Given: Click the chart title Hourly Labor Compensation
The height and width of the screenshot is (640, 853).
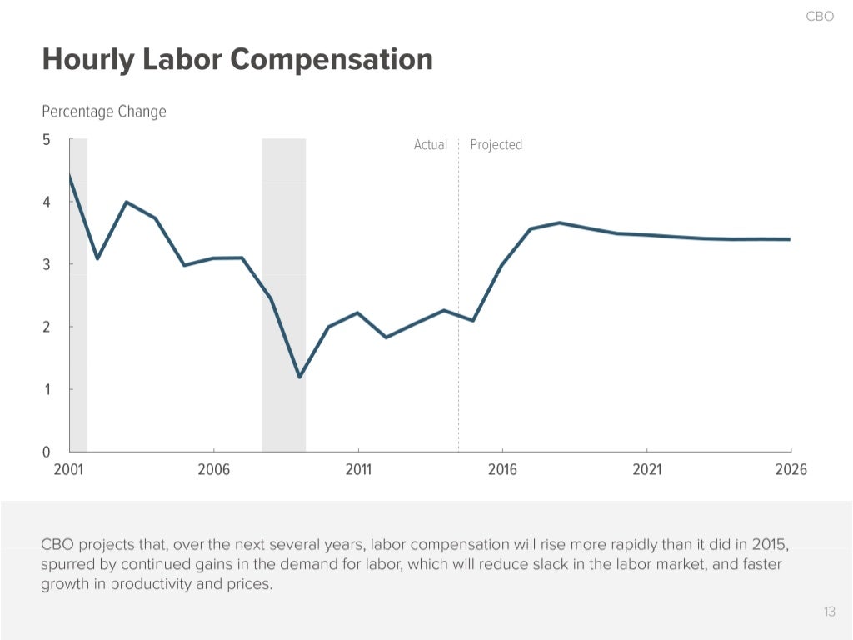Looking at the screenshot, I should click(237, 60).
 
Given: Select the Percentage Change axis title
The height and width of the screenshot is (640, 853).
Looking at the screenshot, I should click(104, 112).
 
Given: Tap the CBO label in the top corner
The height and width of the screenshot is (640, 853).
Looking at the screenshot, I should click(820, 17).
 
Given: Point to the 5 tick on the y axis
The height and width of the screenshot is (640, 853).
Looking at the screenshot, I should click(47, 140).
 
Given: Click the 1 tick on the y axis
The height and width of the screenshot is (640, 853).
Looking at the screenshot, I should click(47, 389).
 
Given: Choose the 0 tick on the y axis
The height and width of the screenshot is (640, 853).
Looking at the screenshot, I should click(47, 452).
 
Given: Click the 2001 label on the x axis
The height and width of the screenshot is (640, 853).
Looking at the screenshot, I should click(69, 470).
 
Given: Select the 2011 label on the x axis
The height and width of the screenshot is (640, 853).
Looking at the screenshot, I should click(358, 470).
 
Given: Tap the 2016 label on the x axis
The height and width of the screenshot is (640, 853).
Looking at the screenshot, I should click(502, 470).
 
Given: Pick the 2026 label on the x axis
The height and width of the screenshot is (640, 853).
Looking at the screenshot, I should click(791, 470).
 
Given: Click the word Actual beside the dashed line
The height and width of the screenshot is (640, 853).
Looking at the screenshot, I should click(431, 145).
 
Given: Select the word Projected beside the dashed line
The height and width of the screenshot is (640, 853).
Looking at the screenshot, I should click(496, 145).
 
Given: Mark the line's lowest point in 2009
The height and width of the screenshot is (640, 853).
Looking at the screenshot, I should click(299, 377).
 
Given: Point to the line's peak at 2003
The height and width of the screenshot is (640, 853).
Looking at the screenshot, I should click(126, 202).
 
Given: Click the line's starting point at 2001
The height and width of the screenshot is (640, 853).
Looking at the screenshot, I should click(70, 176).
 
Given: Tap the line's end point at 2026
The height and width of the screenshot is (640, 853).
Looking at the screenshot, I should click(790, 239).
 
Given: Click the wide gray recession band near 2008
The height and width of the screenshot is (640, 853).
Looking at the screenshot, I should click(283, 292).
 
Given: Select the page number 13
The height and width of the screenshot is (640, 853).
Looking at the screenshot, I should click(829, 612).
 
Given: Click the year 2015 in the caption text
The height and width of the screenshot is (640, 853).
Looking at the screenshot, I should click(770, 545).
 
